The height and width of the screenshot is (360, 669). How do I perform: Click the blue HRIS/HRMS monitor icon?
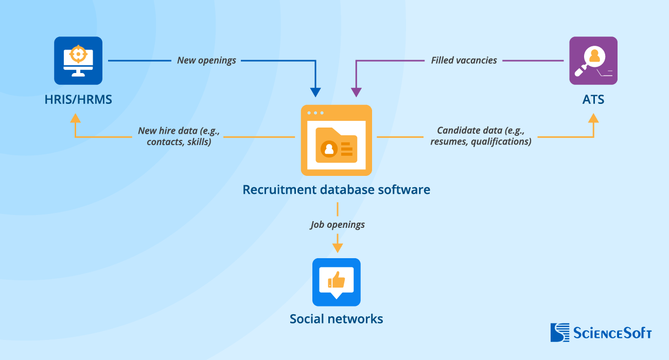78,61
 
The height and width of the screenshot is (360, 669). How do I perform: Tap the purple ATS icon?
593,61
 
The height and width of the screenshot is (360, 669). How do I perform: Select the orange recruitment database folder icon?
336,140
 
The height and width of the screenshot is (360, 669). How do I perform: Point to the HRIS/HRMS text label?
78,99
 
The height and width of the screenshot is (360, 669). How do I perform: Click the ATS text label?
593,99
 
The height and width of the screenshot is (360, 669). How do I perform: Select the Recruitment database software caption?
336,189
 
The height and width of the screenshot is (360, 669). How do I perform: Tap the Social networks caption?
336,319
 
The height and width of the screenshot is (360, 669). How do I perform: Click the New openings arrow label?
206,60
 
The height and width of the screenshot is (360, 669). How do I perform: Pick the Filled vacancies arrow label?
464,60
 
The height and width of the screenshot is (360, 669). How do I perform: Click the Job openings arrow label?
337,225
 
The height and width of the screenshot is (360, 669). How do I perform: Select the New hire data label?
179,136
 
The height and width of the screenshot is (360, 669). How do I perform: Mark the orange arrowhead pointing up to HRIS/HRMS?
76,118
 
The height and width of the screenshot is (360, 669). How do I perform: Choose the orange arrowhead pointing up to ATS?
593,118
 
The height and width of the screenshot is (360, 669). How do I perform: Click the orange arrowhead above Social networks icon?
337,248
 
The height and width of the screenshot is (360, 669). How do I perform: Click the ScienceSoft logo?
601,332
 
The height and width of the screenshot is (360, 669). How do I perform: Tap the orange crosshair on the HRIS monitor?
78,53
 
